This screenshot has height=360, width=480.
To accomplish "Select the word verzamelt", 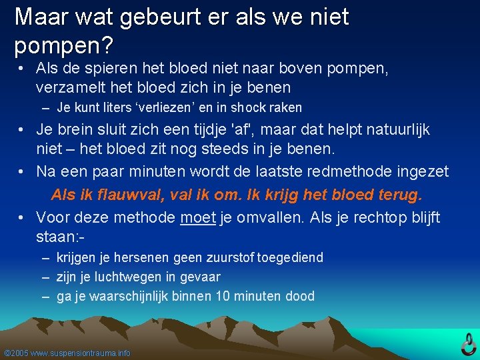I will pyautogui.click(x=69, y=87).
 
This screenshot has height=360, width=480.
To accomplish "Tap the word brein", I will pyautogui.click(x=77, y=129).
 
